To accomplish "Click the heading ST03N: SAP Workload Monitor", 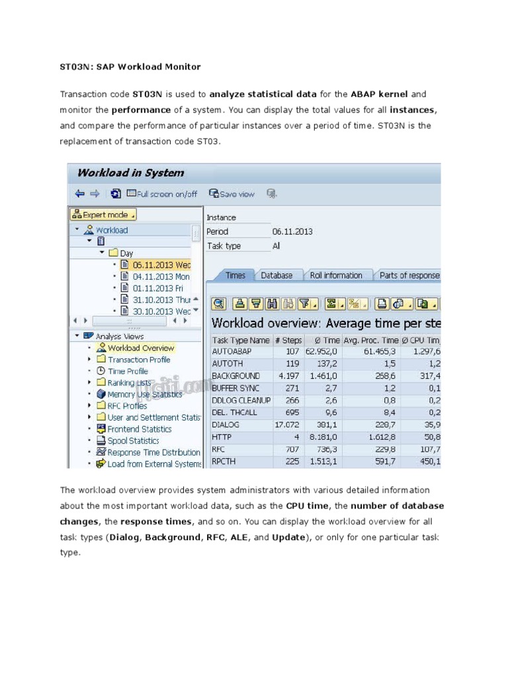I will pos(130,67).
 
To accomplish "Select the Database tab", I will pos(276,275).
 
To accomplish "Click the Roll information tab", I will pos(337,275).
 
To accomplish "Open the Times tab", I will pos(235,275).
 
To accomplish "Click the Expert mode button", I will pos(103,215).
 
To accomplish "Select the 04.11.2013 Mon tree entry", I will pos(161,276).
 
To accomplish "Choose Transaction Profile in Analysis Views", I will pos(138,360).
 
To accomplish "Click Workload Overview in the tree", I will pos(140,348).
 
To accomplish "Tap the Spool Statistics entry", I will pos(133,440).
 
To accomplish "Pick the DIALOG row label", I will pos(226,425).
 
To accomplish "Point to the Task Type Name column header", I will pos(240,340).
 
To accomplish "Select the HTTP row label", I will pos(222,437).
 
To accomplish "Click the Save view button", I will pos(232,194).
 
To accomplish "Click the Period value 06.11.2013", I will pos(292,231).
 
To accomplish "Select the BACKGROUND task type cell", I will pos(235,376).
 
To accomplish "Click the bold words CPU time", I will pos(307,506).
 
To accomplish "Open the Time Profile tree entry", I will pos(128,371).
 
